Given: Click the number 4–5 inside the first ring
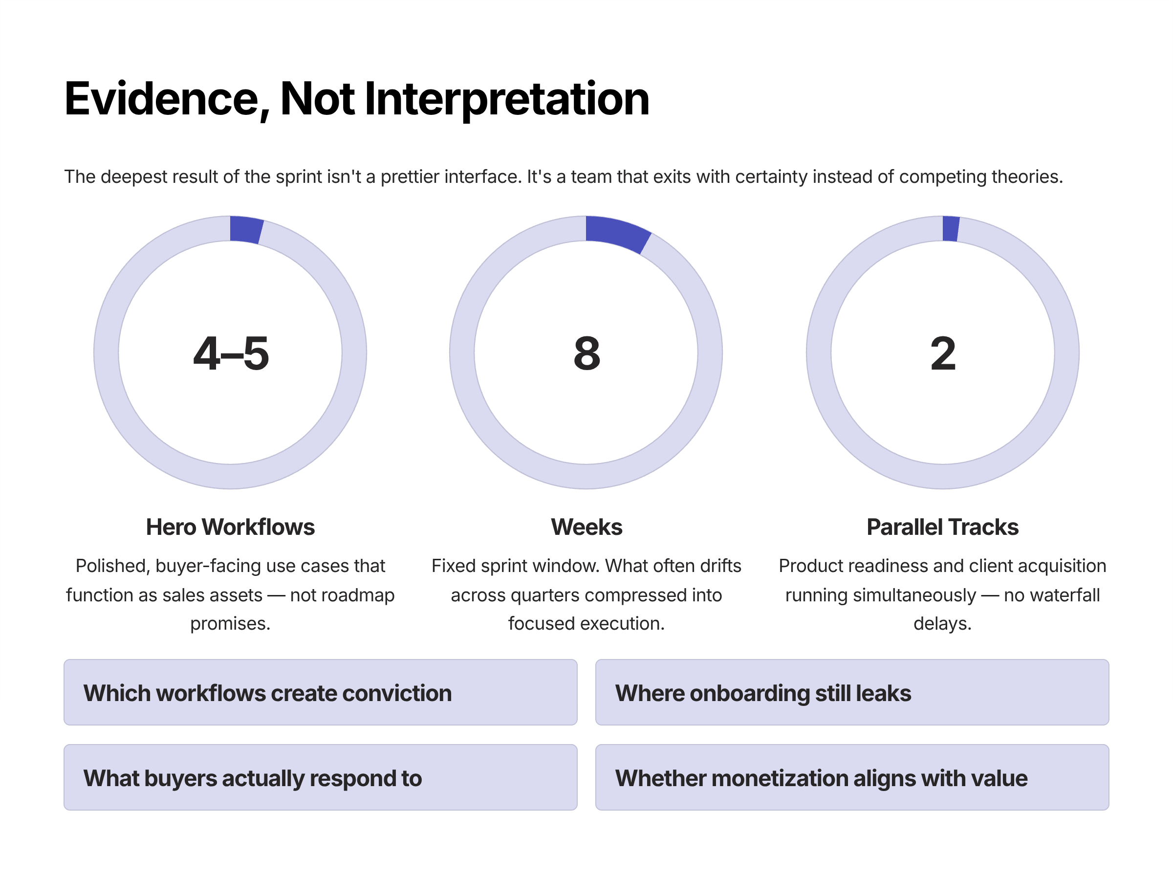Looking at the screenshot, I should point(231,354).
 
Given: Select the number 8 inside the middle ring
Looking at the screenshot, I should point(586,354).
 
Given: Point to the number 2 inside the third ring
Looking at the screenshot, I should point(943,354).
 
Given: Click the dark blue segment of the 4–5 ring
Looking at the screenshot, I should point(246,230).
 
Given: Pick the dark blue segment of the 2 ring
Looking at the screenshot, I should point(950,229).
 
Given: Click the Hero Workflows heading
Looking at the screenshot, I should point(230,527).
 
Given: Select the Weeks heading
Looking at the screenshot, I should point(586,527).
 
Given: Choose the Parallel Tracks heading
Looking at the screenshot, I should point(942,527).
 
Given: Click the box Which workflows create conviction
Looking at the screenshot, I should point(320,693).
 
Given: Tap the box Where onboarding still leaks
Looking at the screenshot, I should point(851,693).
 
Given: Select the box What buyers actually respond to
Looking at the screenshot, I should point(320,778).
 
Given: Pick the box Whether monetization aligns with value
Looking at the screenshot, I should point(851,778).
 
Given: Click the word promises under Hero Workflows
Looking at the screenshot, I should point(230,624).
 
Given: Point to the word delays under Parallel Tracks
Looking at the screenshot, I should point(941,624).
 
